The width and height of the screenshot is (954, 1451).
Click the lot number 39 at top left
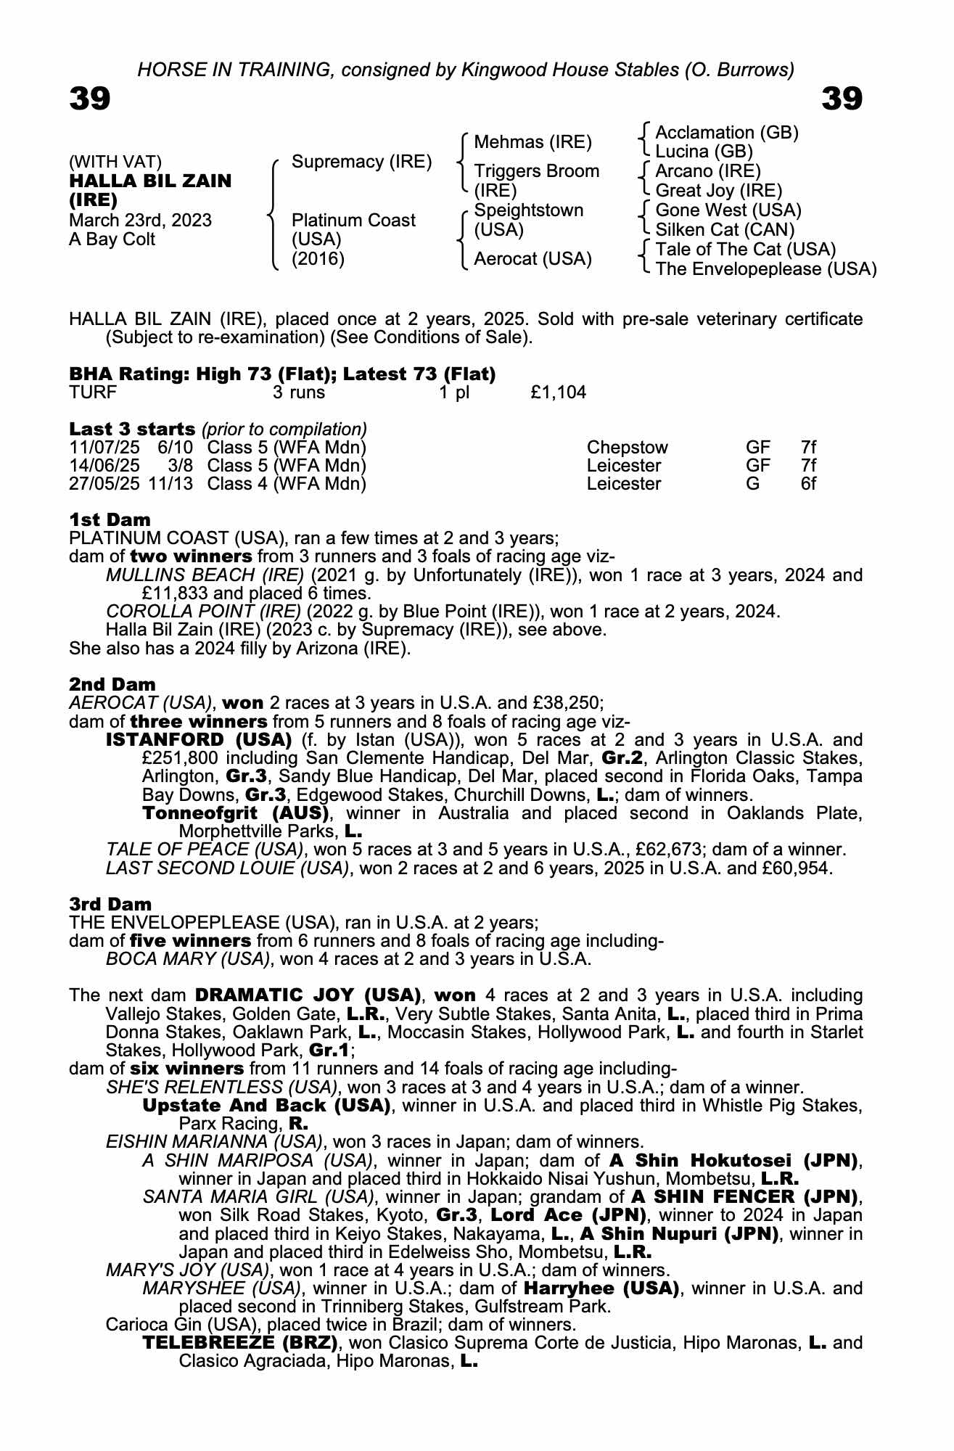pyautogui.click(x=90, y=99)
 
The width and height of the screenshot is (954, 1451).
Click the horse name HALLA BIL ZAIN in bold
pyautogui.click(x=150, y=181)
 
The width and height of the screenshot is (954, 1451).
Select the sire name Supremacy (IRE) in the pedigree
pyautogui.click(x=361, y=162)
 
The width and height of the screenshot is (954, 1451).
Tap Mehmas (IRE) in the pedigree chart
pyautogui.click(x=532, y=142)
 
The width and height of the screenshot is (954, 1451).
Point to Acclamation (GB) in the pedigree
pyautogui.click(x=726, y=133)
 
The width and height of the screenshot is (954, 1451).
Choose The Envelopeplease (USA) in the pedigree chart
pyautogui.click(x=765, y=269)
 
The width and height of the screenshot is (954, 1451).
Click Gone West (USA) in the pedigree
pyautogui.click(x=728, y=210)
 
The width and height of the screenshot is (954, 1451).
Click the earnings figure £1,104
pyautogui.click(x=558, y=393)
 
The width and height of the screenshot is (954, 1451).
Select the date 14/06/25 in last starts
pyautogui.click(x=104, y=466)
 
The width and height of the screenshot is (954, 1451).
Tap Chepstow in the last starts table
pyautogui.click(x=627, y=448)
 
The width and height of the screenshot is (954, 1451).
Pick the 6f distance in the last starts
pyautogui.click(x=808, y=484)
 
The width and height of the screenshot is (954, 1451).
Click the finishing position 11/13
pyautogui.click(x=171, y=484)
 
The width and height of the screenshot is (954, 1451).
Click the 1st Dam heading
pyautogui.click(x=110, y=520)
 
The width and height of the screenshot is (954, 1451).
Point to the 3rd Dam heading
pyautogui.click(x=110, y=904)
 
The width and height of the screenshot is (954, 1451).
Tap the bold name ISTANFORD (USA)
pyautogui.click(x=199, y=740)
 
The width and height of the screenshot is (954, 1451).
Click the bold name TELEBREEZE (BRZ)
pyautogui.click(x=240, y=1343)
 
